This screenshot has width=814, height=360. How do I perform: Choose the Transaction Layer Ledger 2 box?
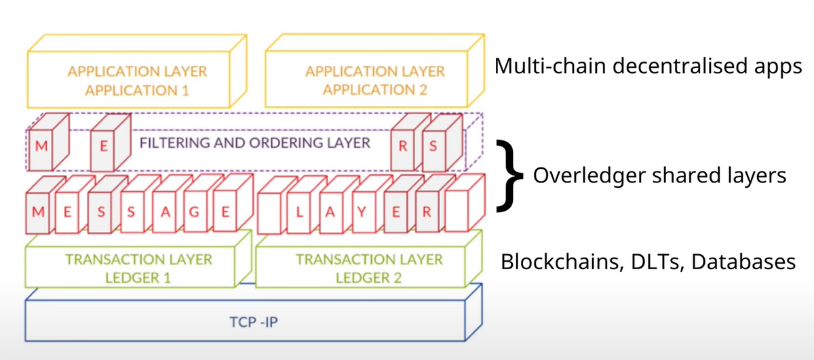click(x=369, y=266)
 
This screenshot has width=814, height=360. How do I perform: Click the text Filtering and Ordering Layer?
click(x=255, y=143)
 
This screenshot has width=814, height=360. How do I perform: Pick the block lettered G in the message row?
click(x=195, y=212)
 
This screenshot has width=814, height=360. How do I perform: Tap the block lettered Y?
click(x=362, y=212)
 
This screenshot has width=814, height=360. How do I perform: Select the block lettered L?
click(x=299, y=212)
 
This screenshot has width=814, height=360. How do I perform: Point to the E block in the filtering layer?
click(x=105, y=146)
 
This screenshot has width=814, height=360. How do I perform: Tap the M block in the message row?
click(x=39, y=212)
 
